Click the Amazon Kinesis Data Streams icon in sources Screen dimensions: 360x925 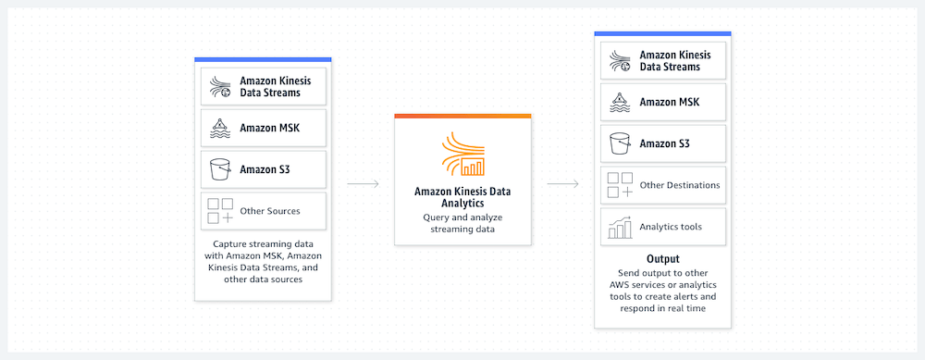(x=220, y=86)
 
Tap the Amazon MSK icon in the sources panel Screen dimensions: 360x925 (x=220, y=128)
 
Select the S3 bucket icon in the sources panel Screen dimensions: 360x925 (x=220, y=169)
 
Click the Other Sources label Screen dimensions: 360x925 (x=269, y=211)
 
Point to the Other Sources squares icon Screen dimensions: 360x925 (x=220, y=211)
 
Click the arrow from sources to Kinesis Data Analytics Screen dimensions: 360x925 (x=363, y=183)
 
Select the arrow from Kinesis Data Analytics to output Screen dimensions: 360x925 (x=562, y=183)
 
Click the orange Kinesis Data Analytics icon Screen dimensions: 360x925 (x=462, y=155)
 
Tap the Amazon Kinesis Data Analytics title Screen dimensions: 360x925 (x=462, y=197)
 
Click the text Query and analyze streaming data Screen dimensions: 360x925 (x=462, y=223)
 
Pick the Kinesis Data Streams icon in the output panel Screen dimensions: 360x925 (x=619, y=61)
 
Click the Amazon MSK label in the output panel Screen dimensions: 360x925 (x=668, y=103)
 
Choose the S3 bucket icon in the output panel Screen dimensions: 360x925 (x=619, y=143)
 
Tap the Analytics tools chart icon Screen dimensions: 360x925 (x=619, y=226)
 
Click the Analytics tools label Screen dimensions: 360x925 (x=672, y=226)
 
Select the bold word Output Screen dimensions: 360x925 (x=662, y=259)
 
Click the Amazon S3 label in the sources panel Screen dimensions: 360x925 (x=264, y=169)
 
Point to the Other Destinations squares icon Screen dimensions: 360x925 (x=619, y=185)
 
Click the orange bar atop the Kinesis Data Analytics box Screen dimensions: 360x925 (x=462, y=116)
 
